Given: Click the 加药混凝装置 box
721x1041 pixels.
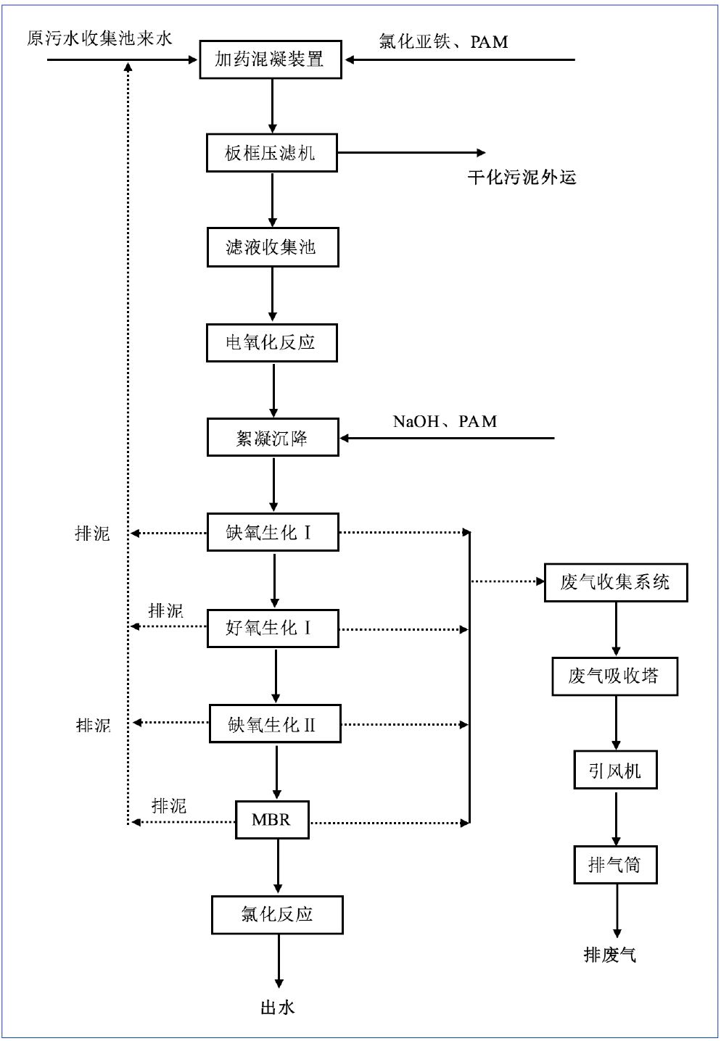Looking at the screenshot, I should tap(271, 59).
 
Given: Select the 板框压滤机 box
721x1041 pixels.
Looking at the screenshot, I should tap(271, 153).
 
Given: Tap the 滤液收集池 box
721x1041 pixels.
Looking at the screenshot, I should tap(272, 248).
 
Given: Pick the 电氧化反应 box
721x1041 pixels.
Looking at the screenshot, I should tap(271, 342).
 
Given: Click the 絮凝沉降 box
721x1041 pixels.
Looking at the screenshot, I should tap(272, 438).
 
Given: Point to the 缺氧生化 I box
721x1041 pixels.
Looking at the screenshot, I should tap(272, 533).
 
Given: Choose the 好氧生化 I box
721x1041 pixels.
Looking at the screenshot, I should tap(272, 628).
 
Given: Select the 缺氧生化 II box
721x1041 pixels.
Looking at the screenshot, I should tap(274, 723).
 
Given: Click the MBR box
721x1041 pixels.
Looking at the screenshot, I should tap(272, 820).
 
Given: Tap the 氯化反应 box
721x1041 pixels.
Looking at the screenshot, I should tap(277, 915).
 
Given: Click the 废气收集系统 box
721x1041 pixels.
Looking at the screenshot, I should tap(615, 582).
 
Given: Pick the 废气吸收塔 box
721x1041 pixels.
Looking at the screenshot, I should tap(614, 676).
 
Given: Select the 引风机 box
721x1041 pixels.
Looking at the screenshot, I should tap(615, 771).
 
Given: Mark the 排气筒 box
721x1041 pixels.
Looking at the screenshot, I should tap(615, 865).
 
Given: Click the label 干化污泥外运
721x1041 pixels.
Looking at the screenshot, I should tap(522, 178).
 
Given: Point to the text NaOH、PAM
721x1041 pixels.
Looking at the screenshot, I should tap(445, 421).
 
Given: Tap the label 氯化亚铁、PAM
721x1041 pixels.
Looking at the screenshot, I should tap(443, 41).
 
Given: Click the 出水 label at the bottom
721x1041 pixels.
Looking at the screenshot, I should tap(277, 1008).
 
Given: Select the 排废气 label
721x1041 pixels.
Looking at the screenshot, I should tap(610, 955).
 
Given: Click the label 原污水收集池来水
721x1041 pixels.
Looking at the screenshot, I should tap(99, 38).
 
